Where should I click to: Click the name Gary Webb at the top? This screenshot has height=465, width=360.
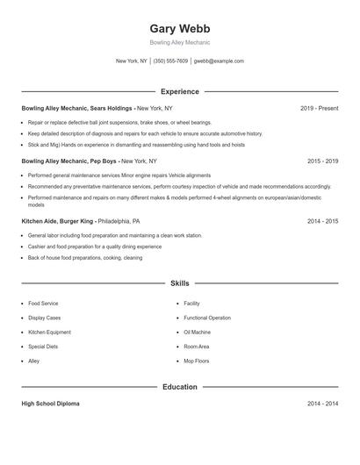pos(179,28)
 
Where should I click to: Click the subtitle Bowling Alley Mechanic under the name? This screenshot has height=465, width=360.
pos(179,42)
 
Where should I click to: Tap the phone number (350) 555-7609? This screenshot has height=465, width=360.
pos(170,61)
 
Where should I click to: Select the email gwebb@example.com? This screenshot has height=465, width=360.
pos(219,61)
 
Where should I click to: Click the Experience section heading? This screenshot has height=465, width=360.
pos(179,91)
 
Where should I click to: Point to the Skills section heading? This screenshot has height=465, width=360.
pos(179,283)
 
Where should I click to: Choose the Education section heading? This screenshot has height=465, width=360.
pos(179,387)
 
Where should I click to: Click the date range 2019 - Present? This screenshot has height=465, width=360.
pos(319,108)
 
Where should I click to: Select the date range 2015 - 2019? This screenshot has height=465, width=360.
pos(322,161)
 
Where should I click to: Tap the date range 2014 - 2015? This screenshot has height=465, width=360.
pos(322,222)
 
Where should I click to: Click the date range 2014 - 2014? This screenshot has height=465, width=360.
pos(322,404)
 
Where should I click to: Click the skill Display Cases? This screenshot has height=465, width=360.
pos(44,318)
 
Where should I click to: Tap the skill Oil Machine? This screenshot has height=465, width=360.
pos(197,333)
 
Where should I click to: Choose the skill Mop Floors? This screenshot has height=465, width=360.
pos(196,361)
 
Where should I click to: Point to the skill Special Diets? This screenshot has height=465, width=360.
pos(43,347)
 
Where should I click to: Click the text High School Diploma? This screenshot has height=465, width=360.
pos(50,404)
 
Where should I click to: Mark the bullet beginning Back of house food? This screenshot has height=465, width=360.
pos(84,258)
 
